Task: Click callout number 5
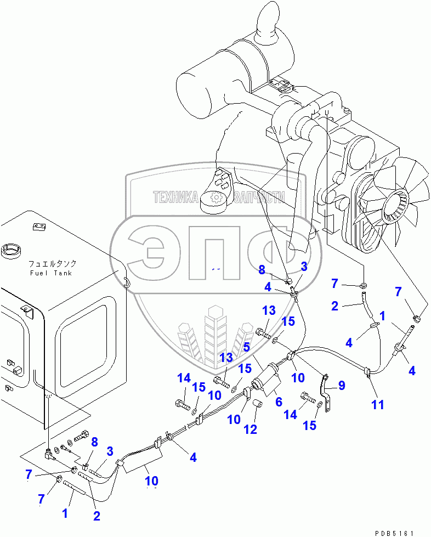(x=246, y=346)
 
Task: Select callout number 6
(x=279, y=402)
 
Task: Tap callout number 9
(x=342, y=386)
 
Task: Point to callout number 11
(x=377, y=405)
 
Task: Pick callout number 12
(x=250, y=429)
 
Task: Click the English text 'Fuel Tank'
(x=51, y=273)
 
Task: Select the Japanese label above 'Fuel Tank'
(x=51, y=263)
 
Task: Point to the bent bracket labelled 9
(x=327, y=392)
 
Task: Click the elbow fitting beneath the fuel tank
(x=49, y=453)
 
